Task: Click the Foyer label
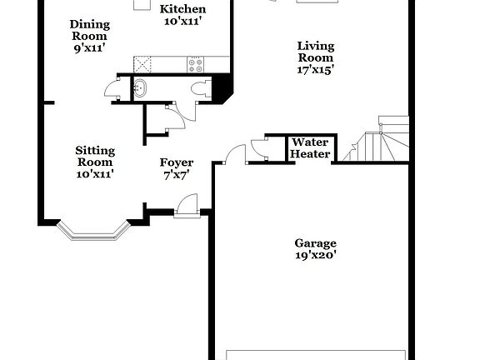point(177,162)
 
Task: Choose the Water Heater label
point(310,148)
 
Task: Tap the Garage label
point(315,243)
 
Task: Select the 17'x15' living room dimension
point(316,70)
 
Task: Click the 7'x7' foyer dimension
point(177,175)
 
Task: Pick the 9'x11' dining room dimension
point(88,47)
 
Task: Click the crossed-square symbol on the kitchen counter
point(145,62)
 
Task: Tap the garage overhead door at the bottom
point(317,354)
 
